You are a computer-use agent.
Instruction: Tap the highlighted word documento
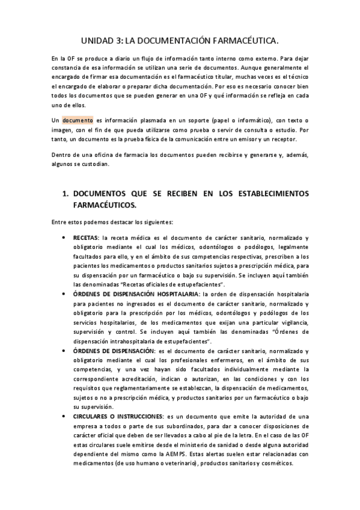pyautogui.click(x=77, y=120)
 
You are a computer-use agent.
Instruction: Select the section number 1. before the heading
pyautogui.click(x=67, y=194)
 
